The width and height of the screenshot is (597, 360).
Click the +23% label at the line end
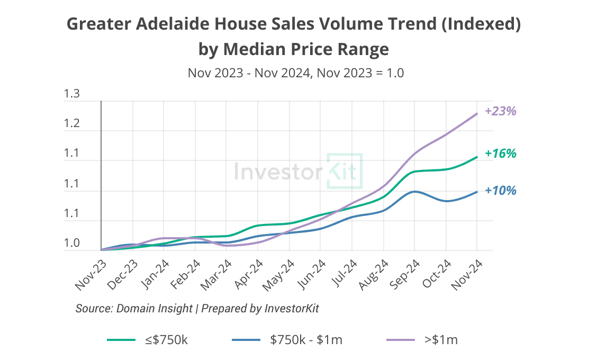pos(500,111)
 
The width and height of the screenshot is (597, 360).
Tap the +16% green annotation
pos(500,154)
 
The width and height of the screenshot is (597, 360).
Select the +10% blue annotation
pos(500,191)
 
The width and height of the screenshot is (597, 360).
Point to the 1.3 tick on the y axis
pos(71,95)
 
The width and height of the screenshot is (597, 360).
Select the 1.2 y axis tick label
pos(71,124)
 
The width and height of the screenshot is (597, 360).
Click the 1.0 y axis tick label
pos(71,244)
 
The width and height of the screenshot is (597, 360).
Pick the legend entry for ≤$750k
pos(148,340)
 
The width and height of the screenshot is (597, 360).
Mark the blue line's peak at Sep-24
pos(414,191)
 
